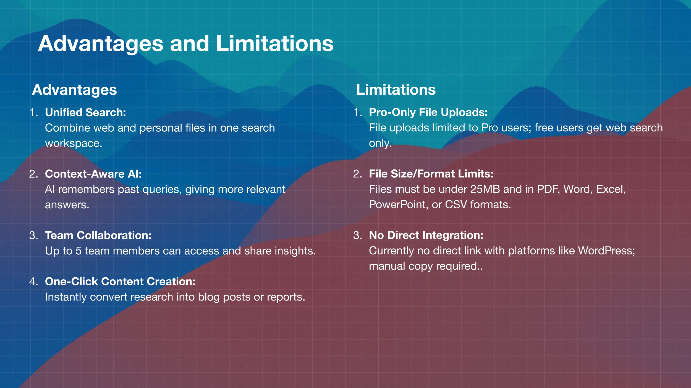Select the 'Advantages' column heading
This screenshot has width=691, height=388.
(75, 90)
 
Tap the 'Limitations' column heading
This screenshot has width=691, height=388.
(396, 90)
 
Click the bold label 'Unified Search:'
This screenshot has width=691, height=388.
(85, 113)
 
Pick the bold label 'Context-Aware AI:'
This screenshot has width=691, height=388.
(93, 174)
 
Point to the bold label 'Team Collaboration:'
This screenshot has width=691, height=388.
(98, 235)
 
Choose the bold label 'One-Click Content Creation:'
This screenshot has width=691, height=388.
(120, 281)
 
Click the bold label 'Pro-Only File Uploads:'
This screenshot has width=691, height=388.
(428, 113)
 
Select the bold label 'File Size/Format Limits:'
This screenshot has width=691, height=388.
(431, 174)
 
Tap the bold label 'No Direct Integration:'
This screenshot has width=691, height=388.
(426, 235)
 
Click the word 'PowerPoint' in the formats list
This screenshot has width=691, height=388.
(397, 205)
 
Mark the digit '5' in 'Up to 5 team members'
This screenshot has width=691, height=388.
(78, 251)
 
